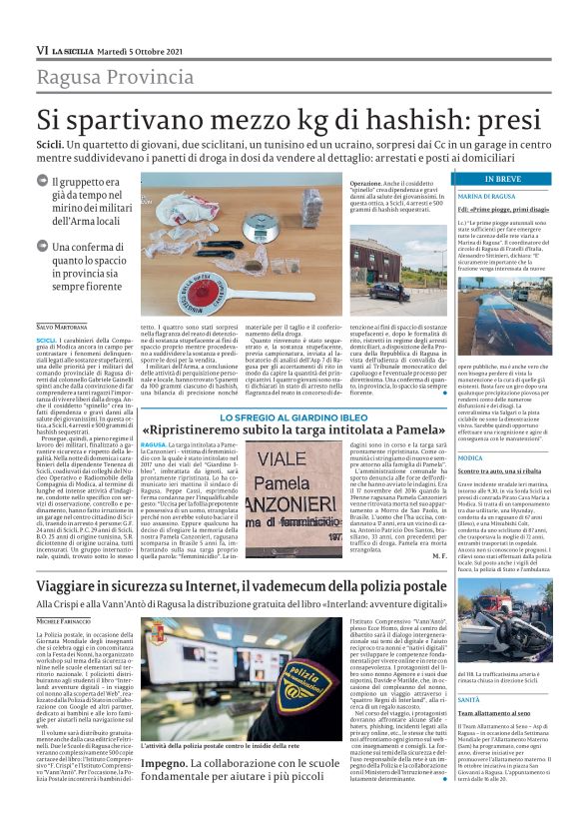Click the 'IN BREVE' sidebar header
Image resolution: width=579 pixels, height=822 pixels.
click(x=501, y=179)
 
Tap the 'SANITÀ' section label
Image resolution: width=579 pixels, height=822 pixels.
click(x=469, y=672)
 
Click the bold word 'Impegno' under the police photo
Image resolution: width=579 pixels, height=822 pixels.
click(x=163, y=761)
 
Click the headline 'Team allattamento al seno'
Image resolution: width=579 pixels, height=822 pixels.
click(x=493, y=686)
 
